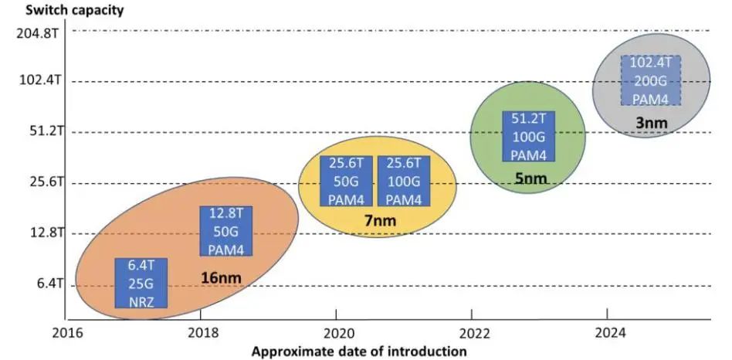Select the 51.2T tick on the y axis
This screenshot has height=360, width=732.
(x=39, y=131)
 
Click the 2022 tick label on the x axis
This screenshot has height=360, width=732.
(x=471, y=335)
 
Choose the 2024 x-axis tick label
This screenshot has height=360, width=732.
(x=607, y=335)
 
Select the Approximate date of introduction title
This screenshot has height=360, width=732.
(x=359, y=352)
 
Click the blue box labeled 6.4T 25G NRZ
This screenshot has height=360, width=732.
(x=141, y=284)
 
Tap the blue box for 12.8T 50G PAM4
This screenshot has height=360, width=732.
(x=227, y=231)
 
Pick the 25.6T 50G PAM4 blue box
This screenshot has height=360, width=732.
(x=346, y=181)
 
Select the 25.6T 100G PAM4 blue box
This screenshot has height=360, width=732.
(x=404, y=181)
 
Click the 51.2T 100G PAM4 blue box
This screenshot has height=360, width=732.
(x=529, y=136)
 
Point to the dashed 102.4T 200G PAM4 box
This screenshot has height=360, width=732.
(x=650, y=80)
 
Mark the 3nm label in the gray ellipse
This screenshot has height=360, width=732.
(x=650, y=122)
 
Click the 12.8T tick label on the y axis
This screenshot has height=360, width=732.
(x=39, y=233)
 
